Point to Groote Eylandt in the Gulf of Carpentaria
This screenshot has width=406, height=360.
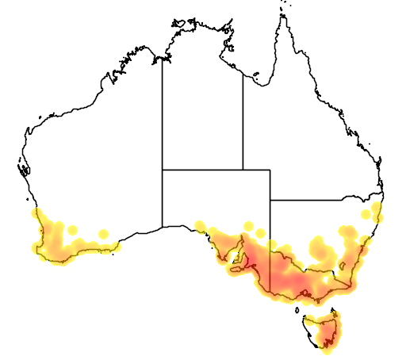click(x=256, y=77)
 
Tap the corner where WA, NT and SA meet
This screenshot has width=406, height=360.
click(x=163, y=170)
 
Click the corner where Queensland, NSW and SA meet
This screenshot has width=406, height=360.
click(x=270, y=200)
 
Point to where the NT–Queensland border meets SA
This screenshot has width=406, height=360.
click(x=243, y=170)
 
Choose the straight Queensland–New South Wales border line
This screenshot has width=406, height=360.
click(x=317, y=200)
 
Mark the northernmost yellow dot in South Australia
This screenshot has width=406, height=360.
click(x=248, y=226)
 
